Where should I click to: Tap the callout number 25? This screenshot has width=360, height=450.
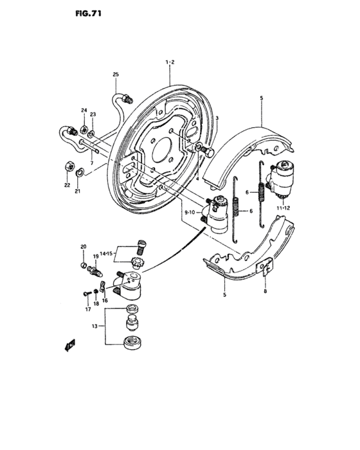[116, 75]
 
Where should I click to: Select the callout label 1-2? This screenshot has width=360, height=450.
[170, 62]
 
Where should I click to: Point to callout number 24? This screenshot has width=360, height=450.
[84, 111]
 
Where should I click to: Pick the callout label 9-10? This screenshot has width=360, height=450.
[191, 212]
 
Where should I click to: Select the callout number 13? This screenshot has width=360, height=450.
[95, 327]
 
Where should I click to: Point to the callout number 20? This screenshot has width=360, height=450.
[83, 247]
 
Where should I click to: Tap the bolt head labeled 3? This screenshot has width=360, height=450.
[209, 151]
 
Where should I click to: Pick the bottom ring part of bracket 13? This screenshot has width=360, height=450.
[132, 341]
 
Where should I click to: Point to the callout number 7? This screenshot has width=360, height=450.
[92, 164]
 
